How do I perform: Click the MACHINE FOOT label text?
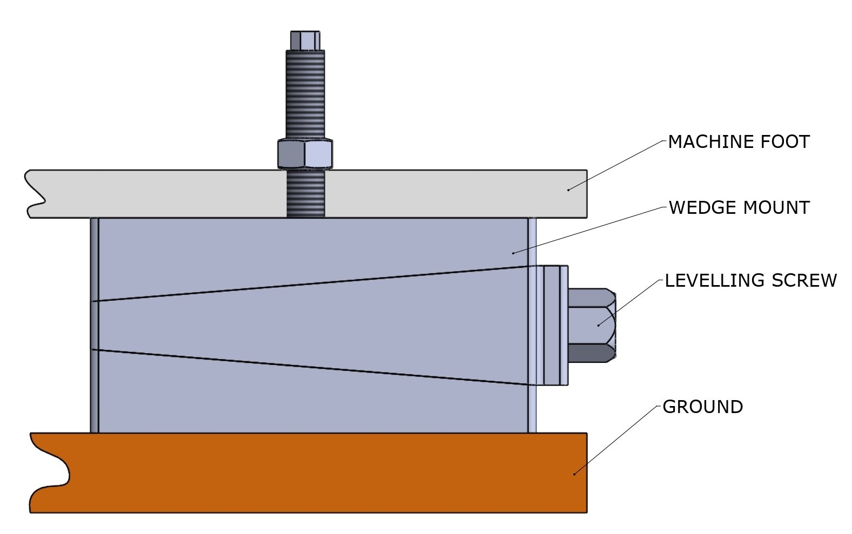(739, 142)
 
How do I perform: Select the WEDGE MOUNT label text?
(739, 208)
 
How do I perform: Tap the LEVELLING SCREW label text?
(750, 281)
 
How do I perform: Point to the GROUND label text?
(702, 407)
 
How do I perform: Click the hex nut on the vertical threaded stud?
(305, 154)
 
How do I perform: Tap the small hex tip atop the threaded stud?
(305, 40)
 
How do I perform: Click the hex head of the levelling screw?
(591, 325)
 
